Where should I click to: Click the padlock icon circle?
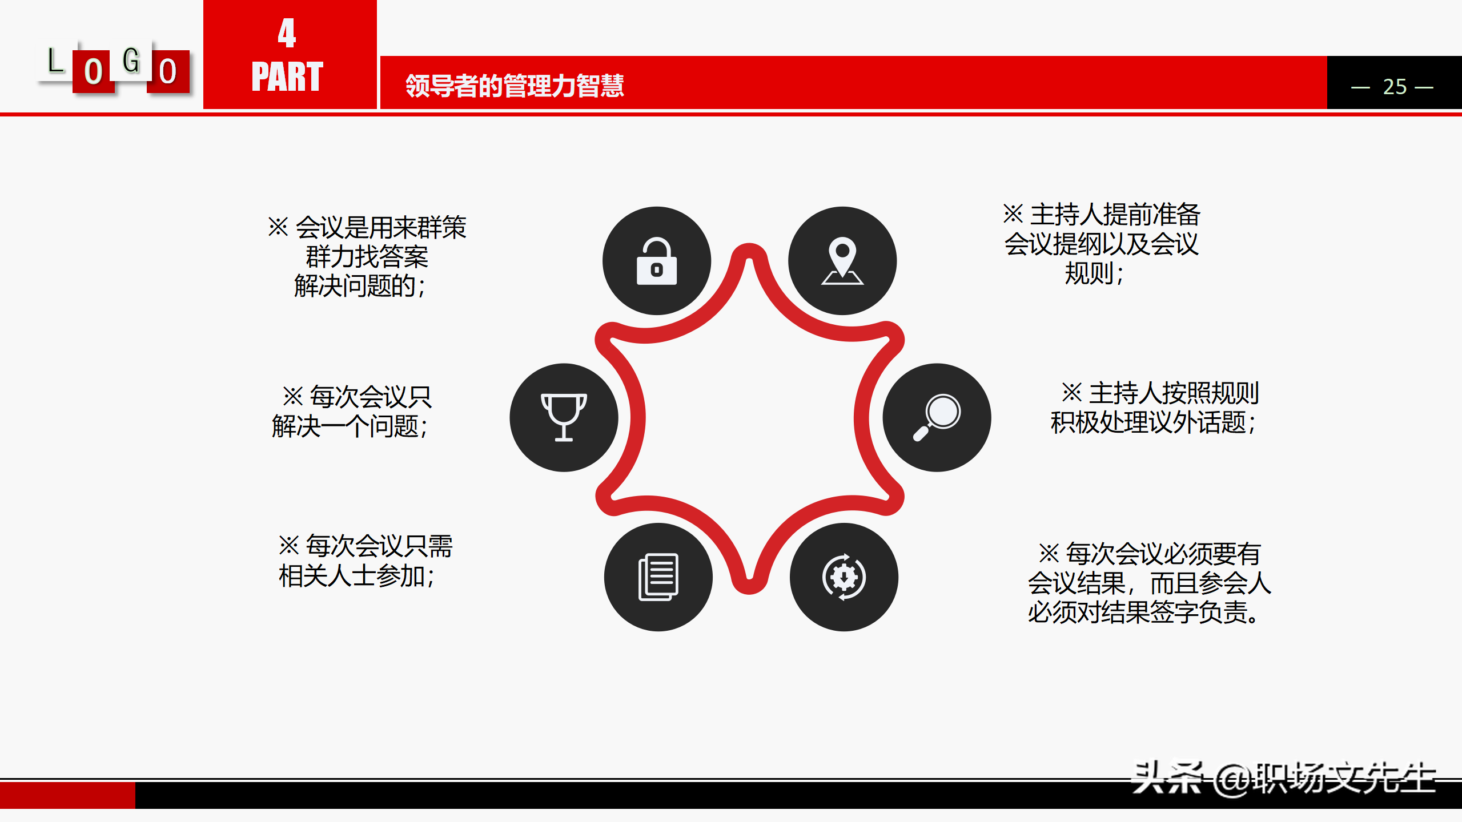click(657, 261)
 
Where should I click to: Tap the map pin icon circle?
click(842, 261)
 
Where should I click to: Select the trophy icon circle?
click(564, 417)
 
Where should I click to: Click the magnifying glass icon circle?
click(937, 417)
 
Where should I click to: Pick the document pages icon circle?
click(658, 577)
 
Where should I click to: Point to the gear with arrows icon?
click(844, 577)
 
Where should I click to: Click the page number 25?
click(1394, 87)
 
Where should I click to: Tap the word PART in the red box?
click(287, 76)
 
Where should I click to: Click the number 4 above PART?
click(287, 33)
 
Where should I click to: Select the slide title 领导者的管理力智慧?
click(515, 86)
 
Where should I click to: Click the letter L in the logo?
click(55, 61)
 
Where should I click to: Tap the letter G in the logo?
click(131, 60)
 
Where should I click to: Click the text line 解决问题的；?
click(360, 286)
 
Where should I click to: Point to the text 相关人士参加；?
click(357, 576)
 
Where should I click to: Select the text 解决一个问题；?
click(350, 426)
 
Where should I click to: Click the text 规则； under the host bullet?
click(1094, 273)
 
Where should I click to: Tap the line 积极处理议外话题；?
click(1154, 423)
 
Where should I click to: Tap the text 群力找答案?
click(367, 257)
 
